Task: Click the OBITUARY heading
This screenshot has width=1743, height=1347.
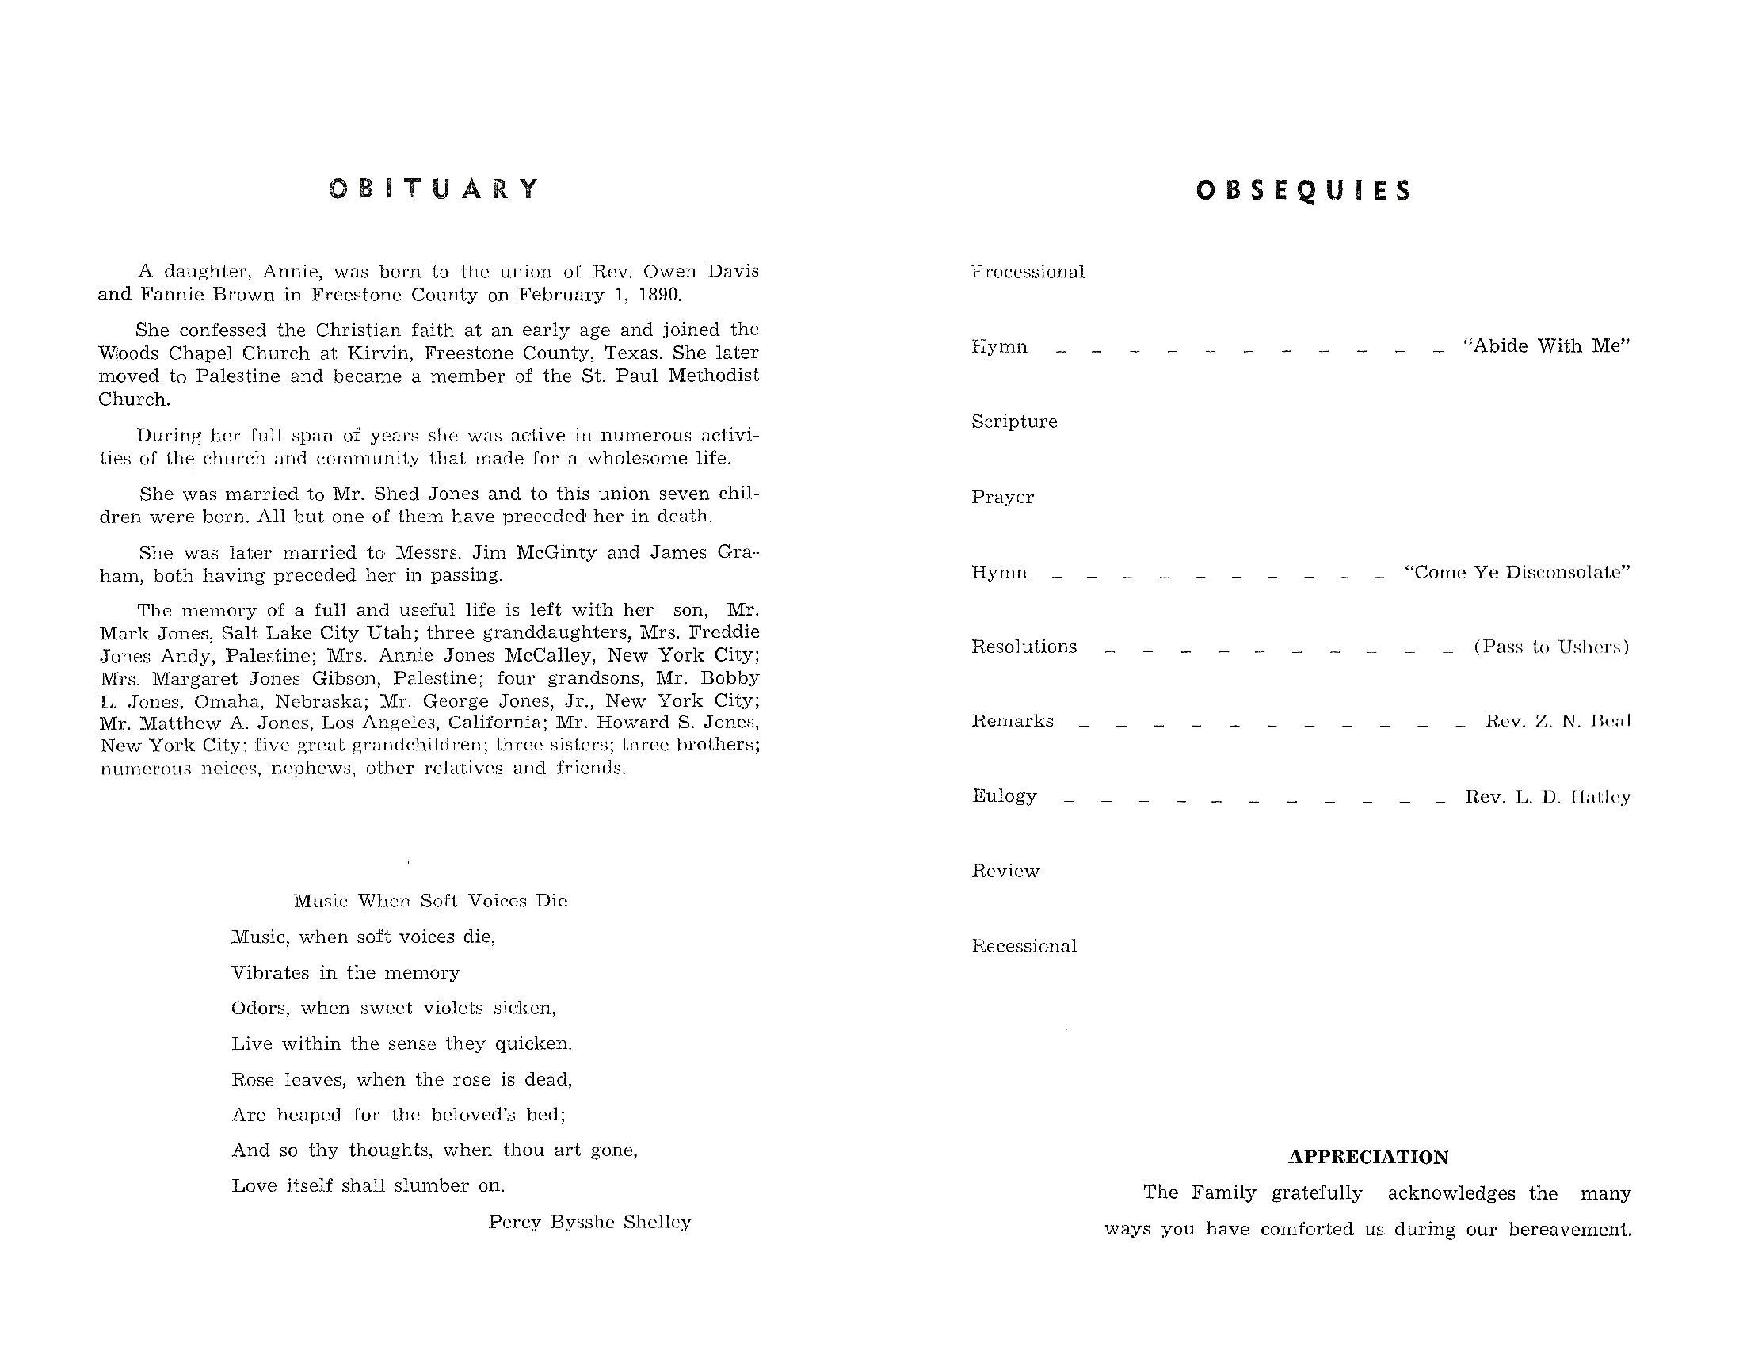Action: coord(434,189)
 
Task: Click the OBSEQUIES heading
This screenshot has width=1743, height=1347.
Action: coord(1303,191)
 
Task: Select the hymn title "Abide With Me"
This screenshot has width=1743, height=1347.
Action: coord(1546,346)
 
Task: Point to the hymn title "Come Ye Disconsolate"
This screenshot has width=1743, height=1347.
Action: coord(1516,573)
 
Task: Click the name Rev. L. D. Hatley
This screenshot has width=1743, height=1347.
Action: coord(1547,797)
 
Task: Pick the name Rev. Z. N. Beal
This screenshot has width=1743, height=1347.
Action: coord(1557,721)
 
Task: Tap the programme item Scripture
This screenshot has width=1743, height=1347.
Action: coord(1013,422)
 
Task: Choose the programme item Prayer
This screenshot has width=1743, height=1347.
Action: coord(1002,497)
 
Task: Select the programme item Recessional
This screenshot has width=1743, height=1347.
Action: coord(1024,946)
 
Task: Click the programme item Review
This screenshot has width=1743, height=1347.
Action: coord(1005,872)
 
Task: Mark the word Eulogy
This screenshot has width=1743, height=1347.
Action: coord(1004,796)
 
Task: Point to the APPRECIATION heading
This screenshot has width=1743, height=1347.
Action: coord(1368,1157)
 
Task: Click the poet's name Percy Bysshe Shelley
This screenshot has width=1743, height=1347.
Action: coord(589,1222)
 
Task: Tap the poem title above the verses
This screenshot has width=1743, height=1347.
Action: coord(431,901)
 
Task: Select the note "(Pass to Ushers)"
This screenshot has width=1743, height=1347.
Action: coord(1550,647)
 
